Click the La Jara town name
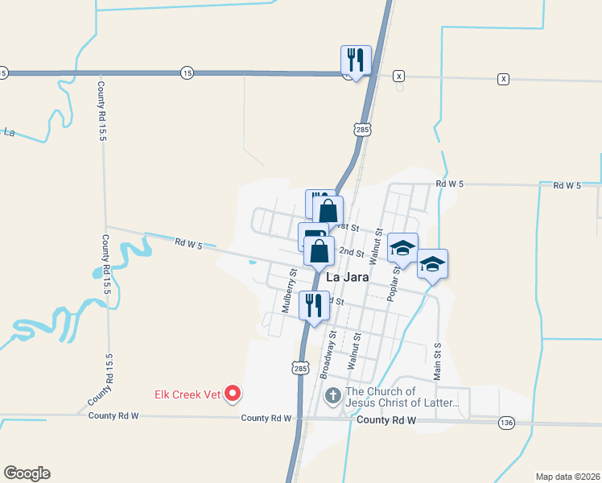348,278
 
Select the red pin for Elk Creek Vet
233,393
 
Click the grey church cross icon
332,396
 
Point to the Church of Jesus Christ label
402,397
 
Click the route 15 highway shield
187,72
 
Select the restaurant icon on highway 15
356,60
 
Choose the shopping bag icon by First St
328,211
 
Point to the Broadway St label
327,354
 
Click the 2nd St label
352,252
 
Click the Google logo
27,473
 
